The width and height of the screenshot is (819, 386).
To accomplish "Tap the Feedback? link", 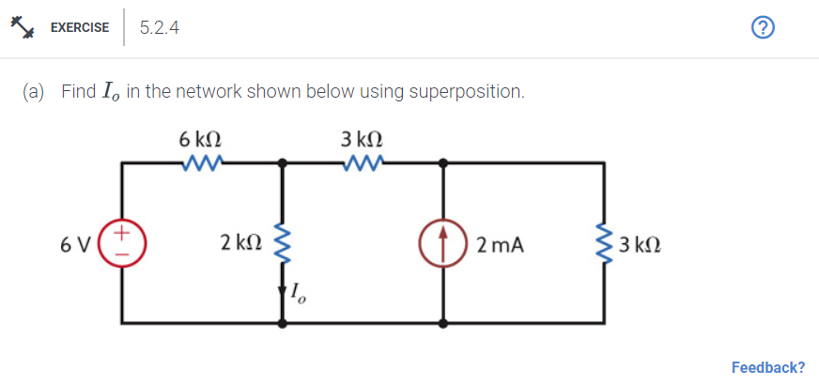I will point(767,367).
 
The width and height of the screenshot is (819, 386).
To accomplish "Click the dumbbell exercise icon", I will point(23,27).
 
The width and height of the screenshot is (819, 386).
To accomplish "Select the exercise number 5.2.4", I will point(159,28).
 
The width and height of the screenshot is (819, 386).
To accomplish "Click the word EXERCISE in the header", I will point(79,28).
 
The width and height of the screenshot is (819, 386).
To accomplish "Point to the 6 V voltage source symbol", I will point(123,244).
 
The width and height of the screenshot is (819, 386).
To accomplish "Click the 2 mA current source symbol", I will point(443,244).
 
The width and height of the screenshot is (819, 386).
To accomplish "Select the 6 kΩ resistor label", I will point(199,139).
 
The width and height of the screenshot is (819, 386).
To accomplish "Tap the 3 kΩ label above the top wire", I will point(361,139).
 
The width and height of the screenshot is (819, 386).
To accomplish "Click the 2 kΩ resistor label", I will point(240,244).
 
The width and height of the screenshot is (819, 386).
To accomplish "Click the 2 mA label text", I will point(500,245).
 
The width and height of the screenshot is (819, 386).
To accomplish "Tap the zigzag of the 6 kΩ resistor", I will point(201,163).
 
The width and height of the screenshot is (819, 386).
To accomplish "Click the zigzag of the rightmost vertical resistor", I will point(604,244).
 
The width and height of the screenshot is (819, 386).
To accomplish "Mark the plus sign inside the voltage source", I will point(123,232).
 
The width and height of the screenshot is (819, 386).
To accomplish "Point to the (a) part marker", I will point(35,92).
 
